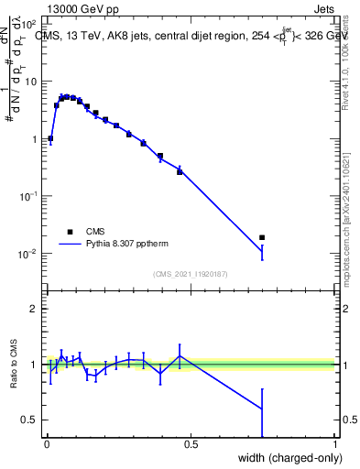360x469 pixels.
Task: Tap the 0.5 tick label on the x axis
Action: click(x=191, y=444)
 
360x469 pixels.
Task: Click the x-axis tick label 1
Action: click(x=335, y=444)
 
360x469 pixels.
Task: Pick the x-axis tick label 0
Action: click(x=47, y=444)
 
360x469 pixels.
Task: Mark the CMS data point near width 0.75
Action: click(x=262, y=238)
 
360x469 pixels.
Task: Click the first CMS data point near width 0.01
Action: click(x=50, y=138)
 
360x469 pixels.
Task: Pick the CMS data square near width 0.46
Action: click(x=180, y=170)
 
